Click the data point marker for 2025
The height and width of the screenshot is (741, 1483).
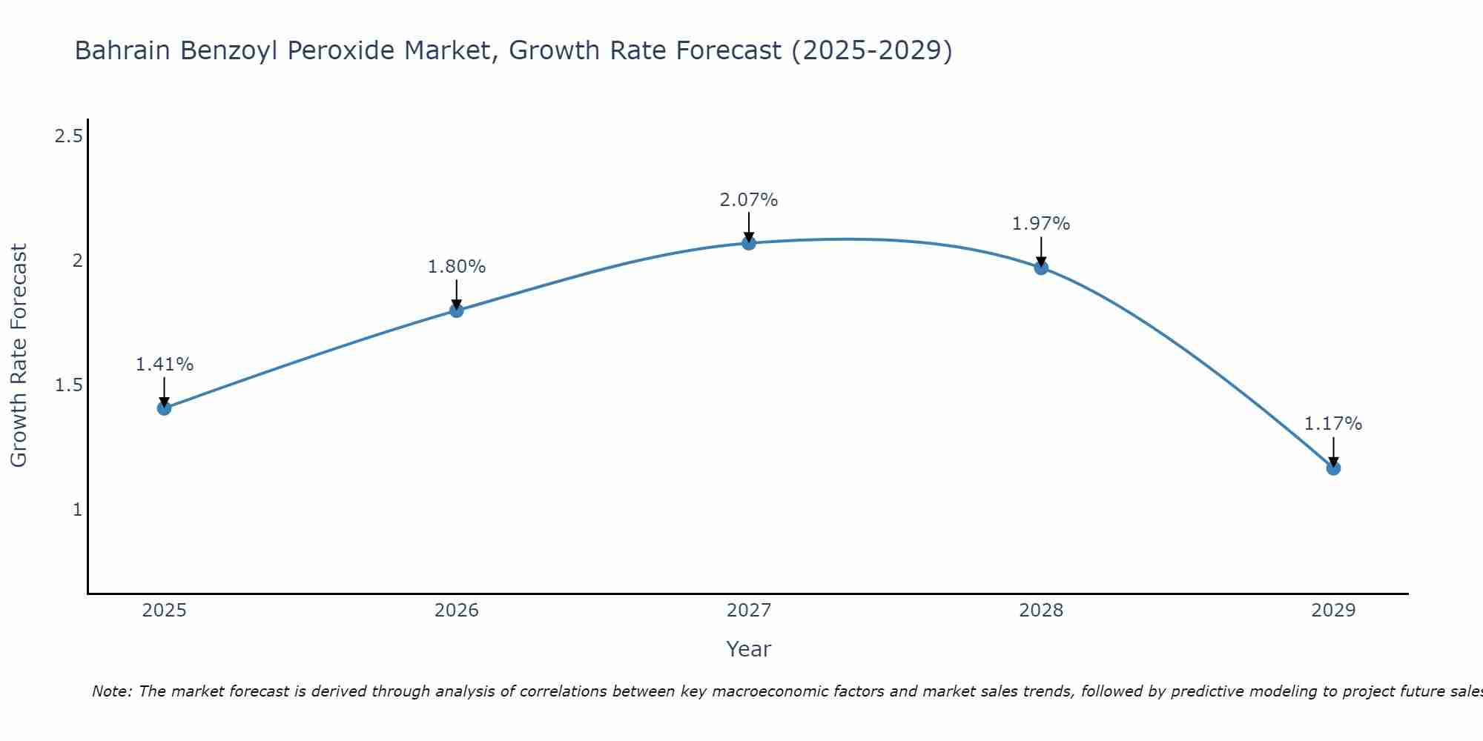coord(164,408)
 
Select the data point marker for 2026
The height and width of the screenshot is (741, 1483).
coord(456,310)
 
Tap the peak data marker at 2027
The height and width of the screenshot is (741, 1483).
coord(749,243)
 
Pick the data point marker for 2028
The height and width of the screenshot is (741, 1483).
coord(1041,268)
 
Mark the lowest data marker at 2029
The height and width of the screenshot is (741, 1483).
coord(1333,468)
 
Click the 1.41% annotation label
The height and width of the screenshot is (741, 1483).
coord(164,365)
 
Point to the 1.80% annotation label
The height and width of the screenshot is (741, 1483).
coord(456,267)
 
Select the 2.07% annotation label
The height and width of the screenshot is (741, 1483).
coord(749,200)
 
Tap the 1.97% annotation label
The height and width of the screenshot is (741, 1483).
coord(1041,224)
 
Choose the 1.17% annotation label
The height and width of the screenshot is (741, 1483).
coord(1333,424)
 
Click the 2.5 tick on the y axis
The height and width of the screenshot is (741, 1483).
coord(69,136)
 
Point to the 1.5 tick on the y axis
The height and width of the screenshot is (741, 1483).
coord(69,385)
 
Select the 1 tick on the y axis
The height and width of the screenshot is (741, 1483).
coord(76,510)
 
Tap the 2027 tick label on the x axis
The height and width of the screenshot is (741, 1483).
coord(749,611)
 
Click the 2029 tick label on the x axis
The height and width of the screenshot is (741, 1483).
coord(1333,611)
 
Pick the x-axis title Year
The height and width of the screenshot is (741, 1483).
coord(749,649)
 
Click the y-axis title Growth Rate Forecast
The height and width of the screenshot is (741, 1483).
coord(19,356)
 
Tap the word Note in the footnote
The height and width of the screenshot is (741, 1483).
coord(110,691)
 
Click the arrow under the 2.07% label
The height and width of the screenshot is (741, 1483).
coord(749,226)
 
